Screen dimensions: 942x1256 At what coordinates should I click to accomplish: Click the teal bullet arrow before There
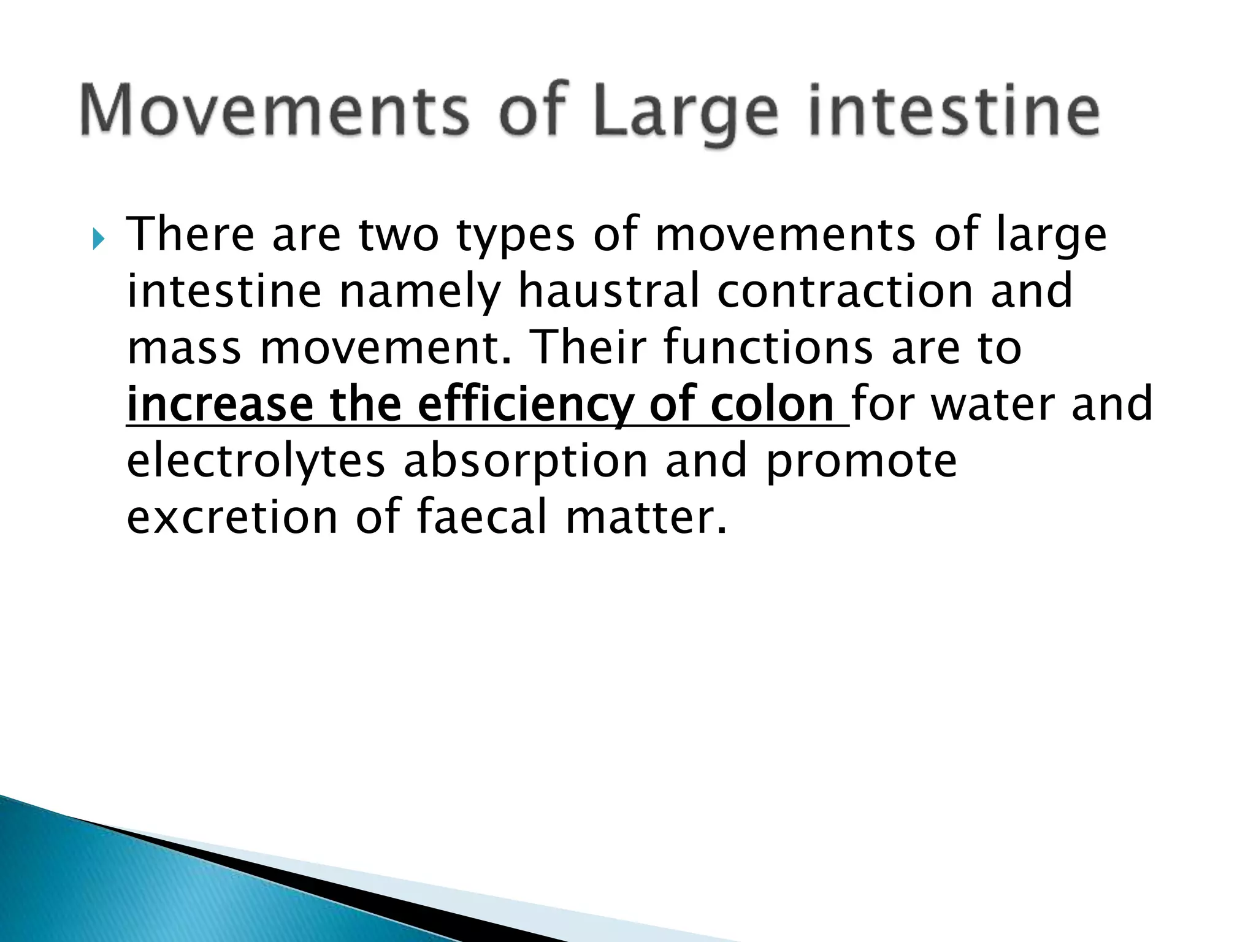click(99, 240)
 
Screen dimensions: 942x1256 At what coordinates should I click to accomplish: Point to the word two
click(399, 235)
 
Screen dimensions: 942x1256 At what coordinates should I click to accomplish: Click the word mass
click(184, 348)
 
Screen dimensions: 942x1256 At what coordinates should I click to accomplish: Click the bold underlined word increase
click(218, 405)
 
